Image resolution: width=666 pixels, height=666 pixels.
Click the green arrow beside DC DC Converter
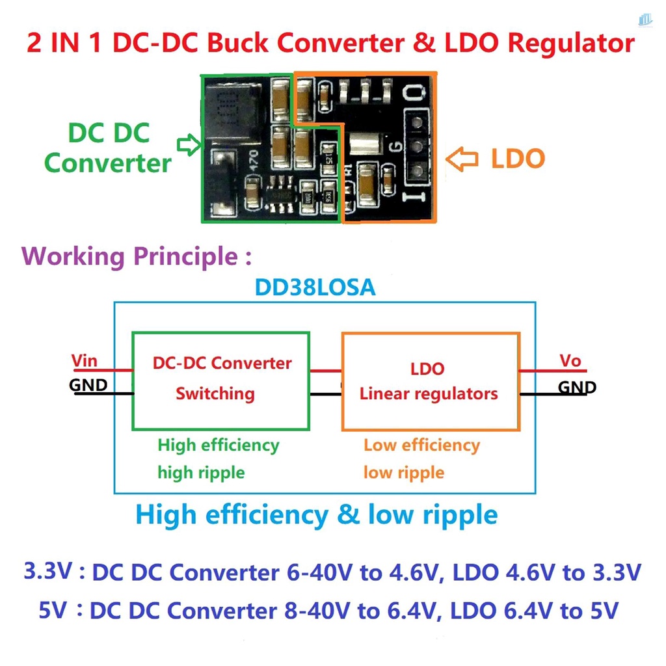tap(188, 145)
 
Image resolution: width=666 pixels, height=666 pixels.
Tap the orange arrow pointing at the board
tap(462, 159)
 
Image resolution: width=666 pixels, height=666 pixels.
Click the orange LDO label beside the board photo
tap(518, 159)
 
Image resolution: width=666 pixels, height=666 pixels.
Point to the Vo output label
tap(570, 361)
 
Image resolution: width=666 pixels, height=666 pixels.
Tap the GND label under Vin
tap(88, 385)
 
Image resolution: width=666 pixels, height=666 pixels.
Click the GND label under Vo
tap(578, 388)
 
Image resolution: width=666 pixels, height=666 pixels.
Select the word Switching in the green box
tap(215, 393)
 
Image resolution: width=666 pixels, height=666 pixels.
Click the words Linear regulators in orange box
tap(429, 393)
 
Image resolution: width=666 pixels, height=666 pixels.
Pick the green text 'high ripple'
tap(201, 472)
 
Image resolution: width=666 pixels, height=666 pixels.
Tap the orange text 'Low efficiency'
tap(421, 446)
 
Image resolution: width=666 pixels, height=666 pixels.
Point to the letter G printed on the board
tap(394, 146)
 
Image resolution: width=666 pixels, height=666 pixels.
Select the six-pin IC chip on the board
tap(281, 193)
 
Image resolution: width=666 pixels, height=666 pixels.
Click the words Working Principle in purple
tap(130, 256)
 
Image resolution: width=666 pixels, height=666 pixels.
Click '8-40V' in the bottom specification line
tap(317, 611)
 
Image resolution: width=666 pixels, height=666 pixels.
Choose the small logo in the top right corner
tap(645, 20)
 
